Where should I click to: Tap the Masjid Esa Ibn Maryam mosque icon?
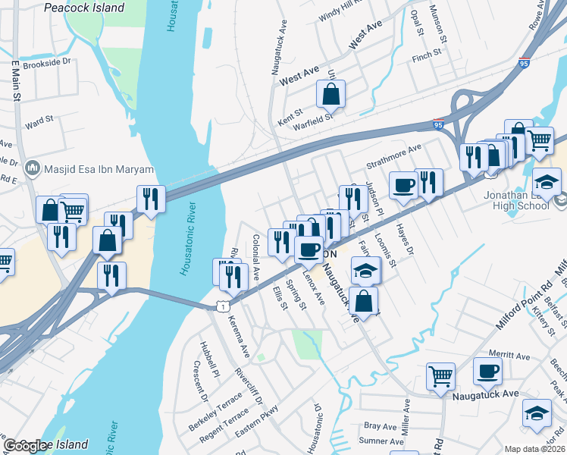coord(33,168)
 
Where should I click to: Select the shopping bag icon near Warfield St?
coord(330,95)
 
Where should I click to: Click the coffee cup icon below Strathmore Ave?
coord(403,186)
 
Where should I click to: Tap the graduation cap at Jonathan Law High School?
coord(547,182)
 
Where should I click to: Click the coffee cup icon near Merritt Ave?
coord(487,371)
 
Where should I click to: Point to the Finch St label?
coord(427,55)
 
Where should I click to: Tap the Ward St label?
coord(39,120)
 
